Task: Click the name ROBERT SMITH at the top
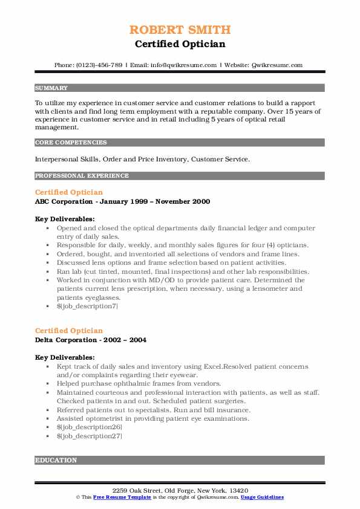coord(180,30)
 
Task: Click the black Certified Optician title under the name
coord(180,44)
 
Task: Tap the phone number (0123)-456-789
coord(97,65)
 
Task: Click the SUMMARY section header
coord(51,88)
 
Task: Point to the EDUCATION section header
coord(56,460)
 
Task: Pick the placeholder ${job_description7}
coord(87,306)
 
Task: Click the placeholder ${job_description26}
coord(89,427)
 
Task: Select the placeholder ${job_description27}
coord(89,435)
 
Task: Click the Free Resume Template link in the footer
coord(115,497)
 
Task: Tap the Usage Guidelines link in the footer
coord(262,497)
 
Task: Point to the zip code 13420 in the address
coord(238,489)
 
